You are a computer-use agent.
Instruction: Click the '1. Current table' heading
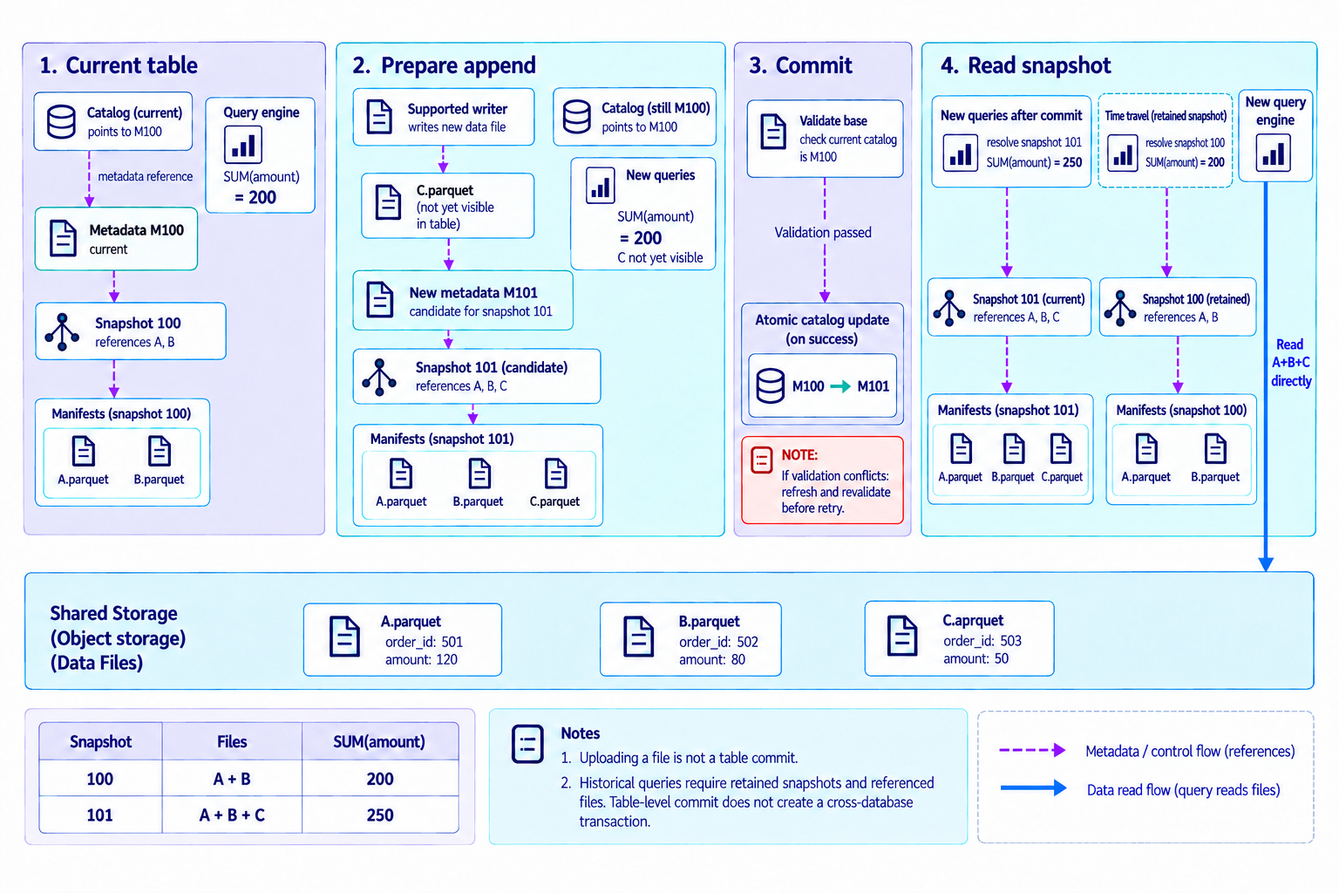coord(119,65)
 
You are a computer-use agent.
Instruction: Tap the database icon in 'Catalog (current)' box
coord(61,121)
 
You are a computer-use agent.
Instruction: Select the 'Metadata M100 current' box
coord(116,239)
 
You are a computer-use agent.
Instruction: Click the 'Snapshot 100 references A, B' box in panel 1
coord(130,331)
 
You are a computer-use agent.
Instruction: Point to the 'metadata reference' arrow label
coord(146,176)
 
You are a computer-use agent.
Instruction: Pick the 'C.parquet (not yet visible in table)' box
coord(448,206)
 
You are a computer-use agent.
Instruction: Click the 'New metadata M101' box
coord(463,301)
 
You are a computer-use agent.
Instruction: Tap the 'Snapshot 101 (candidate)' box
coord(477,376)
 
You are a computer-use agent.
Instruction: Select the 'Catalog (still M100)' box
coord(635,117)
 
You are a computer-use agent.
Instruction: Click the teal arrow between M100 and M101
coord(840,386)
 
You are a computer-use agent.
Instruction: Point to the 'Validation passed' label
coord(823,232)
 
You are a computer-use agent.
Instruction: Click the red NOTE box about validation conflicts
coord(823,481)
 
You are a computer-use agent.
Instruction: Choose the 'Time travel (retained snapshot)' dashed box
coord(1165,140)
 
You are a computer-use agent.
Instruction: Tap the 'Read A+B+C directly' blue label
coord(1290,363)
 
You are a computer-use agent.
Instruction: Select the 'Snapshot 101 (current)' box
coord(1009,307)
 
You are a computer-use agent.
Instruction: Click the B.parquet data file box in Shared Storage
coord(690,639)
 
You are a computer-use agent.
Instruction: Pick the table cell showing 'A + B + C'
coord(232,815)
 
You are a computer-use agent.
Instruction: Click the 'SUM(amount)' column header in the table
coord(379,741)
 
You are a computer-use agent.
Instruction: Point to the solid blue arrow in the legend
coord(1034,787)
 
